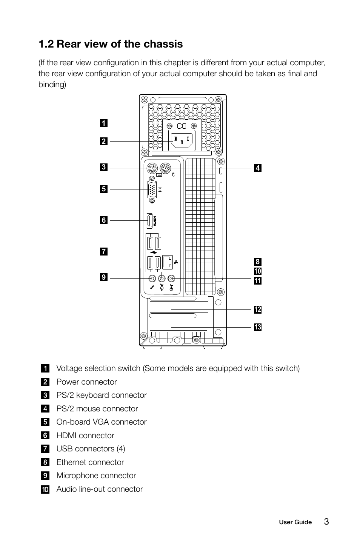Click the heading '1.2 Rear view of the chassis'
tap(111, 44)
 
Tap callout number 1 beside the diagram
tap(103, 123)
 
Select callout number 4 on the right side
tap(257, 168)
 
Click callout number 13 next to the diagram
tap(257, 327)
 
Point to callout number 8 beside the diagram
tap(257, 262)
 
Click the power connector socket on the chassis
tap(182, 141)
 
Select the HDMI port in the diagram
tap(149, 221)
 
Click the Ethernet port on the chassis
tap(168, 261)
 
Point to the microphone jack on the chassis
tap(152, 279)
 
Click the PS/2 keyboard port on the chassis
tap(151, 168)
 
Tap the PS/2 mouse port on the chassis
tap(165, 168)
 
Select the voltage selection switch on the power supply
tap(182, 125)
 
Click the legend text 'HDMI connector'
tap(85, 436)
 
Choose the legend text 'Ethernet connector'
tap(90, 462)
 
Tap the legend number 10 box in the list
tap(45, 490)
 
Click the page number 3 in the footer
tap(326, 522)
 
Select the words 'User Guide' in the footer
tap(295, 522)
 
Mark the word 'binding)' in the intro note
tap(52, 85)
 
